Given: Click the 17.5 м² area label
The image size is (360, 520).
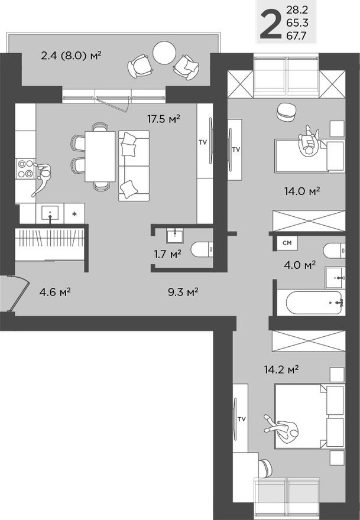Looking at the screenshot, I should [163, 119].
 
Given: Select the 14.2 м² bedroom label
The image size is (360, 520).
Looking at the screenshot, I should [281, 370].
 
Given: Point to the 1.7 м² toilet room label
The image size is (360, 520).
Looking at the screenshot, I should [167, 254].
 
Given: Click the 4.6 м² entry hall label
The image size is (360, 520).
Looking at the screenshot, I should [55, 291].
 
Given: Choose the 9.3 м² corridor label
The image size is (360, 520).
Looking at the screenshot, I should [181, 291].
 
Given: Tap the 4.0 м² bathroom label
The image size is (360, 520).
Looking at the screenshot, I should [301, 265].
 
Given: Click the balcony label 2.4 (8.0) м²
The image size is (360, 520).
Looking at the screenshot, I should [72, 56].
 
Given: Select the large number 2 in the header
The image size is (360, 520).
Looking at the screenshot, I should [270, 22].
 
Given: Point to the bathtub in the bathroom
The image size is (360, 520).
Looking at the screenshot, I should [314, 303].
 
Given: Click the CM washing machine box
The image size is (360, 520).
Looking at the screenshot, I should [287, 243].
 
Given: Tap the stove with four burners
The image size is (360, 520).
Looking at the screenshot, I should [25, 169].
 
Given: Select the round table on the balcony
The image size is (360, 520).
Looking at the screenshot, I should [165, 53].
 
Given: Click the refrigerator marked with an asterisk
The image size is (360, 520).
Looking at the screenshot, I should [74, 213].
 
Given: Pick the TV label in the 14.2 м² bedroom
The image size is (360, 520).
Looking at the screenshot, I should [241, 419].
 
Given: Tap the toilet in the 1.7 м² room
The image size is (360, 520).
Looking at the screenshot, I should [200, 249].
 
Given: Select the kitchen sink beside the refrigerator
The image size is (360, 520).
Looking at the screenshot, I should [50, 213].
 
